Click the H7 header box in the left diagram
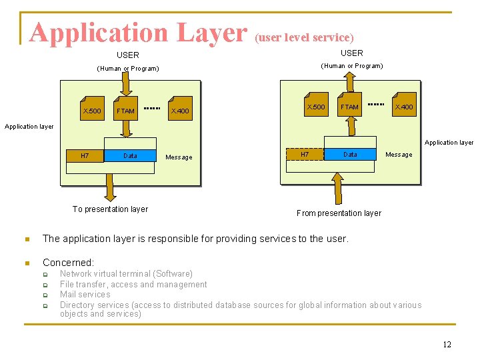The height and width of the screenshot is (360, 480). [85, 156]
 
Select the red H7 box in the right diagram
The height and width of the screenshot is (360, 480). [305, 154]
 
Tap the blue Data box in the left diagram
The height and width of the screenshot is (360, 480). [131, 156]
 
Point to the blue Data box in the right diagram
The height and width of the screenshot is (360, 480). [350, 154]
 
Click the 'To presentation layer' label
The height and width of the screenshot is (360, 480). [110, 209]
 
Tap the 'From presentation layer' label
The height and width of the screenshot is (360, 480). [339, 213]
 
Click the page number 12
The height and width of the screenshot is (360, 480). [447, 344]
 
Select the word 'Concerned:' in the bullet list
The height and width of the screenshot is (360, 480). [68, 263]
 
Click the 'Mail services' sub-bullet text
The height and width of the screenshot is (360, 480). [85, 295]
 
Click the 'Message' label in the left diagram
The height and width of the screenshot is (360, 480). [179, 157]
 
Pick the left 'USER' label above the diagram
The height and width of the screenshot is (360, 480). [128, 55]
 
